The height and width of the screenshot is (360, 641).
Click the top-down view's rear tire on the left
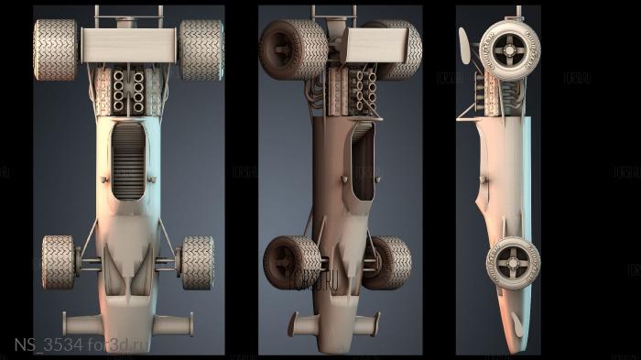pos(55,49)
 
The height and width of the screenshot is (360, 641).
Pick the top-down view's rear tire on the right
pos(201,49)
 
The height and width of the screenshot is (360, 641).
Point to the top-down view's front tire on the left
pos(59,262)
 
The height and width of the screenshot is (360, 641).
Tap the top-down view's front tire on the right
pos(198,262)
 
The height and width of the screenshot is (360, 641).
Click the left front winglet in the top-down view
pos(80,323)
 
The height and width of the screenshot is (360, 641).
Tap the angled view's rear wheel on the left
pos(292,49)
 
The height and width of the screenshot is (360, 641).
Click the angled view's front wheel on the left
pos(292,262)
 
